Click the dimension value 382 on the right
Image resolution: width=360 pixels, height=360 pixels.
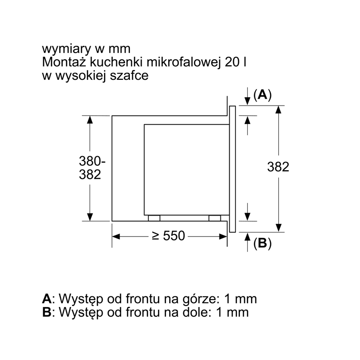[x=278, y=167]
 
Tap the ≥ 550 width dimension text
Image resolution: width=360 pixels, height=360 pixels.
[x=168, y=236]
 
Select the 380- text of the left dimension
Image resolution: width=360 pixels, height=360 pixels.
[x=92, y=161]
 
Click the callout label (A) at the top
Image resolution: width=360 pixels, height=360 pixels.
[x=262, y=94]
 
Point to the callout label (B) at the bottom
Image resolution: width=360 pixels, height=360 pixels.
[x=262, y=243]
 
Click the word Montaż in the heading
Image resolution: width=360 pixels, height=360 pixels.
[x=64, y=62]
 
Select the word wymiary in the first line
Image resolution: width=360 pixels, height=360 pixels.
[x=66, y=50]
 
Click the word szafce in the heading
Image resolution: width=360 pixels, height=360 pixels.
[x=129, y=75]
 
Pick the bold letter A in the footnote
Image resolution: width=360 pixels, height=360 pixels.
[x=47, y=299]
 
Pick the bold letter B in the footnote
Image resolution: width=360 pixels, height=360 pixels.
[x=47, y=312]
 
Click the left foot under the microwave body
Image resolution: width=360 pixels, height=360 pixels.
[x=154, y=218]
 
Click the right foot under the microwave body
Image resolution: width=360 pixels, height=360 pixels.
[x=215, y=218]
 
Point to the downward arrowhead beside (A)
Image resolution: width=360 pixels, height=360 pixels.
[x=247, y=101]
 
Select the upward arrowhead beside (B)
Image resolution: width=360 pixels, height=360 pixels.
[x=247, y=236]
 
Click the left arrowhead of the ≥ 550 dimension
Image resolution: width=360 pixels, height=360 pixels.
[x=116, y=236]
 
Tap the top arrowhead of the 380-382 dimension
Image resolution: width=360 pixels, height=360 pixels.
[x=90, y=120]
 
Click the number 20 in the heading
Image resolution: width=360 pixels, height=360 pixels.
[x=233, y=62]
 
